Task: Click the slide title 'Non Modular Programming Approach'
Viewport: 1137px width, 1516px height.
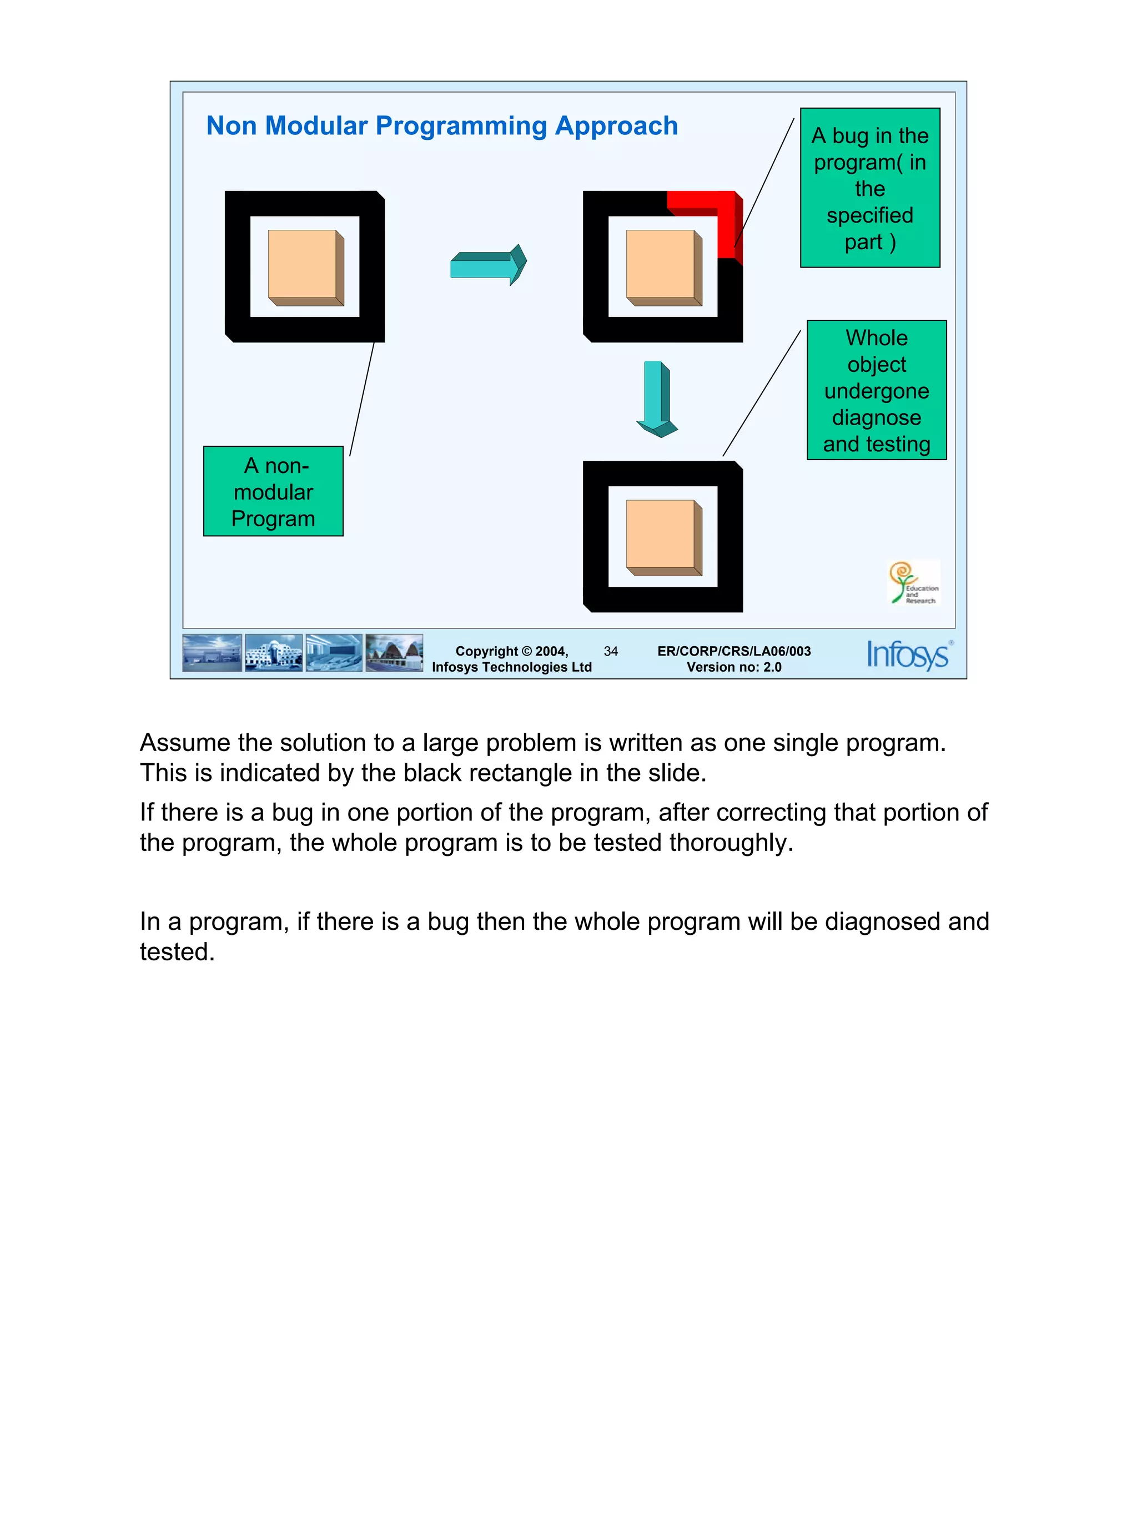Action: [441, 126]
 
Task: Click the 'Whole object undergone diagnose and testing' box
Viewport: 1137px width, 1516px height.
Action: [876, 390]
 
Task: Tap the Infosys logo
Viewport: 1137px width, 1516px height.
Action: [908, 654]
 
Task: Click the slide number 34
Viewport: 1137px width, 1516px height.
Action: [610, 651]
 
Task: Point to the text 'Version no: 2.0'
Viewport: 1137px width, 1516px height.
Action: [733, 667]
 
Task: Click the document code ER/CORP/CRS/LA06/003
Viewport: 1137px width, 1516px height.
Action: [733, 651]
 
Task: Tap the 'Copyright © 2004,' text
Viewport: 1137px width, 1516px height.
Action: [511, 651]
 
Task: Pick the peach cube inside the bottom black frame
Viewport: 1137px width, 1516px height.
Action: [663, 537]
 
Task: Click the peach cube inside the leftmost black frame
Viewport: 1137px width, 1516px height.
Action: [305, 268]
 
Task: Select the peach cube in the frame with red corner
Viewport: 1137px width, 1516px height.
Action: [663, 268]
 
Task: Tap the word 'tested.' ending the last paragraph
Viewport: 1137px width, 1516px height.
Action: [177, 952]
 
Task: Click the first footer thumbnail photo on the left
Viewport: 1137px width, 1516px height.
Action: [212, 652]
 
